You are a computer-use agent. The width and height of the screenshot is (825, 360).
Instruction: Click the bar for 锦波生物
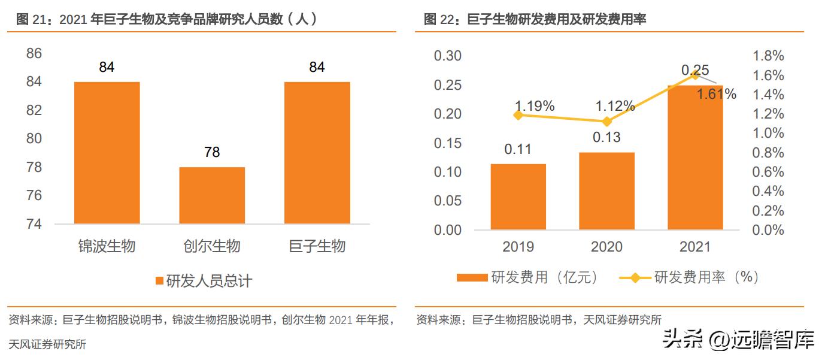(107, 153)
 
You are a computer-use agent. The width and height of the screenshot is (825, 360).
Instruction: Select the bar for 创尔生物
(212, 195)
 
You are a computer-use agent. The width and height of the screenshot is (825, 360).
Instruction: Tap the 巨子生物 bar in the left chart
(317, 153)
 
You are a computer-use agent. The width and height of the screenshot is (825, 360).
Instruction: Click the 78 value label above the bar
(212, 152)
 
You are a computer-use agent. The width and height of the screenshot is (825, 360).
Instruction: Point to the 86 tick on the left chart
(34, 54)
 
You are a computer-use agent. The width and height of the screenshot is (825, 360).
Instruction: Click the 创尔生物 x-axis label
(212, 246)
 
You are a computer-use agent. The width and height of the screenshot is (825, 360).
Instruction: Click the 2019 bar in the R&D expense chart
(518, 196)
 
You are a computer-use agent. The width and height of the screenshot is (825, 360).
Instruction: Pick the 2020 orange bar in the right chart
(606, 190)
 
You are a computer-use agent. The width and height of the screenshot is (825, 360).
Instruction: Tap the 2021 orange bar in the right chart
(695, 157)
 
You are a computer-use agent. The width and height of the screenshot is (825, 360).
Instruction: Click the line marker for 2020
(606, 122)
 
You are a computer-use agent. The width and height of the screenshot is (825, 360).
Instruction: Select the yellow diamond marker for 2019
(518, 115)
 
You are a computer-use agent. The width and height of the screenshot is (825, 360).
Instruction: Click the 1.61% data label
(717, 94)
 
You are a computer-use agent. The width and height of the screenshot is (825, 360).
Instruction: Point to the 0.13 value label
(606, 137)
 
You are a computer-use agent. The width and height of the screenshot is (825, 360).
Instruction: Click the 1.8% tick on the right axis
(768, 56)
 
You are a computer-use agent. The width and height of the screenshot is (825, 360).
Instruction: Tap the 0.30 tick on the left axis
(447, 56)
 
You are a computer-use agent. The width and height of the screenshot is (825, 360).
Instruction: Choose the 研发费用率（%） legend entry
(688, 277)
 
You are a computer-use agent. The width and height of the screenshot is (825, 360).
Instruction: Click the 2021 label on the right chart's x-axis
(695, 247)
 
